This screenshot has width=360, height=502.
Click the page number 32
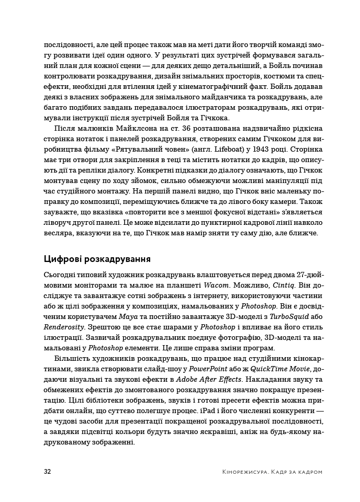47,472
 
